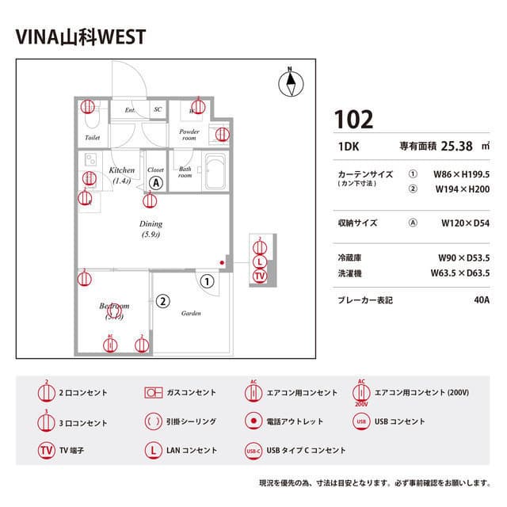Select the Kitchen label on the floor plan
click(121, 170)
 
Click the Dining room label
click(151, 224)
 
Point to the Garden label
click(191, 313)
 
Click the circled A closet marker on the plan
click(156, 183)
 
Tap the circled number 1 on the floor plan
click(208, 280)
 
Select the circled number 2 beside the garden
click(162, 301)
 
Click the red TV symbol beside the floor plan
click(259, 276)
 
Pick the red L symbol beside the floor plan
click(259, 262)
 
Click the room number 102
click(353, 120)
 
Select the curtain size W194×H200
click(463, 190)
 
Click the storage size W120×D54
click(465, 223)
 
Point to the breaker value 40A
click(481, 301)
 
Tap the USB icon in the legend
click(361, 421)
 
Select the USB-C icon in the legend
click(253, 451)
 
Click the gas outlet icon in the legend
click(153, 393)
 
